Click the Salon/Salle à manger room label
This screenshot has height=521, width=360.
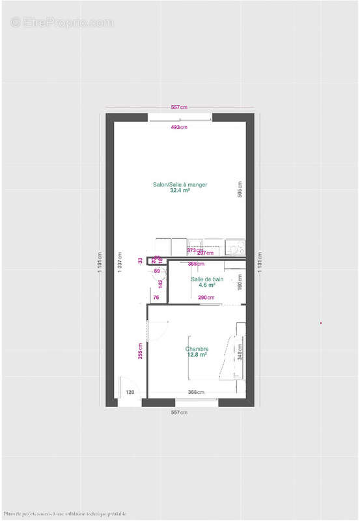click(180, 185)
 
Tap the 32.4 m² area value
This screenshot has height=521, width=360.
click(180, 191)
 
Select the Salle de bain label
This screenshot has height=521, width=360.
click(207, 279)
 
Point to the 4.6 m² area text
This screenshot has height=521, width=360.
click(207, 285)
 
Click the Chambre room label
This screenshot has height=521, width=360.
click(197, 348)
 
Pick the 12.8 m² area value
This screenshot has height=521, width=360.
click(197, 355)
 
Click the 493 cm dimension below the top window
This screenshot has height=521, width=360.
click(179, 128)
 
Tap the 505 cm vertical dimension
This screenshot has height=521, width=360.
click(240, 189)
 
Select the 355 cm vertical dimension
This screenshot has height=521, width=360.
click(140, 350)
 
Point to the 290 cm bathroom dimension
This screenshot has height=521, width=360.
click(207, 298)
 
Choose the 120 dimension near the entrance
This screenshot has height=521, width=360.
click(130, 392)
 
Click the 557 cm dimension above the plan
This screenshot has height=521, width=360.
click(179, 107)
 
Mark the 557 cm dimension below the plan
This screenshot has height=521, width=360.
click(179, 413)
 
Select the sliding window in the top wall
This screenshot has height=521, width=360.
click(180, 118)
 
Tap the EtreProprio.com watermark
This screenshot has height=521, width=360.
click(62, 22)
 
